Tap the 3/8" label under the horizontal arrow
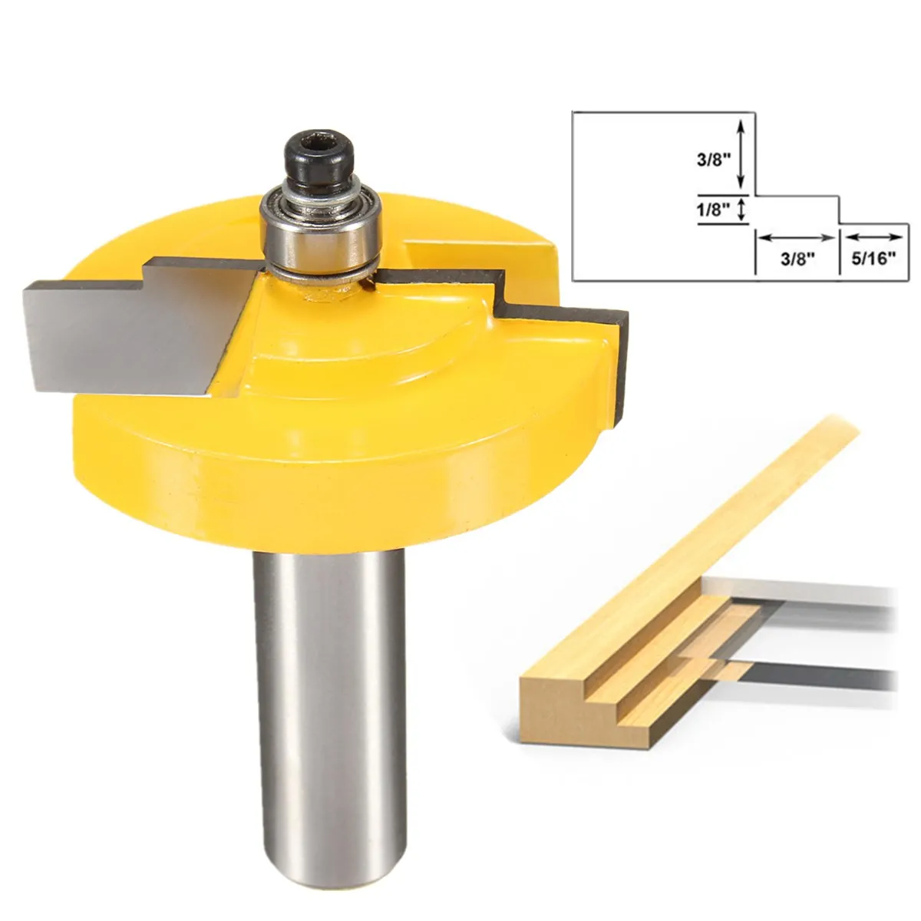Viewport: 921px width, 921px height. coord(796,259)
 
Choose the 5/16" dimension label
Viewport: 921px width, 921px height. coord(873,259)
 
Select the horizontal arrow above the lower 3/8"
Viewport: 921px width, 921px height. coord(796,236)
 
